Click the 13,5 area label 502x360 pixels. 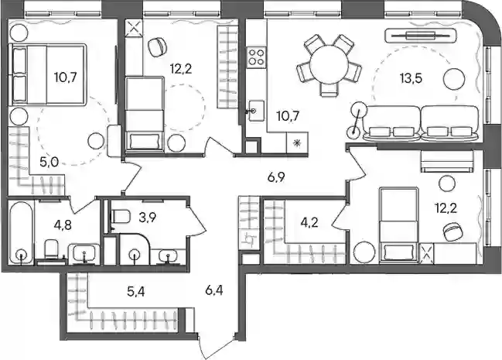click(411, 78)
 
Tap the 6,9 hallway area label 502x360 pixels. click(277, 177)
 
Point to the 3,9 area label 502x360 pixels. click(148, 218)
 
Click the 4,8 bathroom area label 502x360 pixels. click(63, 225)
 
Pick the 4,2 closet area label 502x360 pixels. click(309, 222)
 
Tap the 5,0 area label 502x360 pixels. click(49, 163)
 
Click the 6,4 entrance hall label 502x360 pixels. click(214, 291)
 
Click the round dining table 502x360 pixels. click(329, 63)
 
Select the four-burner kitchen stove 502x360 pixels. click(257, 57)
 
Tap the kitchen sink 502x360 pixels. click(257, 111)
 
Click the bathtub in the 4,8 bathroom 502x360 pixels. click(21, 232)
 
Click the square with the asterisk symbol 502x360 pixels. click(298, 143)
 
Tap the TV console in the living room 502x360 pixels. click(420, 36)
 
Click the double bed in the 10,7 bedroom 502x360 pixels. click(49, 74)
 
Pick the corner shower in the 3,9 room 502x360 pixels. click(135, 249)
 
